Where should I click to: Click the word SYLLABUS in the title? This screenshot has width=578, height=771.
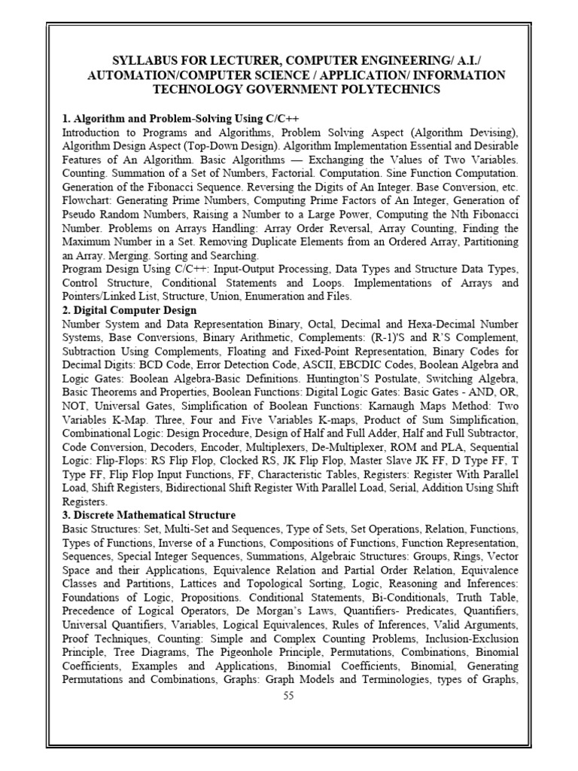point(144,61)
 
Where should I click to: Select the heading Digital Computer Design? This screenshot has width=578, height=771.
point(135,310)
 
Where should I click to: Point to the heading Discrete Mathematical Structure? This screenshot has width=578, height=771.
point(154,515)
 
